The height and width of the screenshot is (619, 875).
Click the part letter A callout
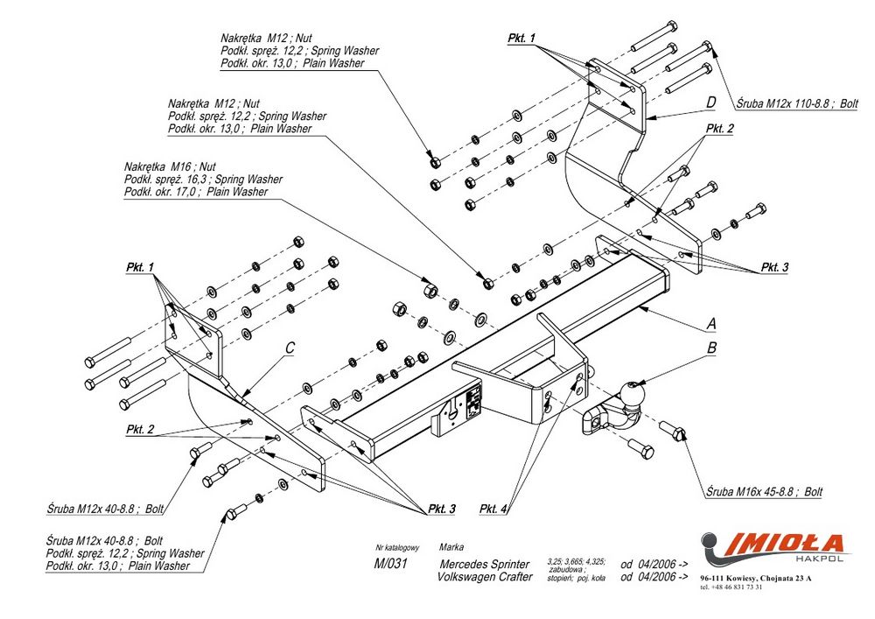[711, 324]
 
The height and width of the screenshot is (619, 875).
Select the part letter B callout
[711, 348]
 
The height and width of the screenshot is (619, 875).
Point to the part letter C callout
[290, 348]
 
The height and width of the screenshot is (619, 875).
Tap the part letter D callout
[711, 102]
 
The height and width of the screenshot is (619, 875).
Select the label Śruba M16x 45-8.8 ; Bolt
[763, 492]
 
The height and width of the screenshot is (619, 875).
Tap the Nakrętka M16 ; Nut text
[170, 166]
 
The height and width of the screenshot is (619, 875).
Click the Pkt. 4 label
[493, 509]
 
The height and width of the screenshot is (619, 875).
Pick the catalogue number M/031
[391, 564]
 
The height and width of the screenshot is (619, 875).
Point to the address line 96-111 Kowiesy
[756, 579]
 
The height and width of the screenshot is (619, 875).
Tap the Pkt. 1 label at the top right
[521, 39]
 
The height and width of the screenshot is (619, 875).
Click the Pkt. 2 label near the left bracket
[140, 429]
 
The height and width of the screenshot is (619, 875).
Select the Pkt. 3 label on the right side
[773, 267]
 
